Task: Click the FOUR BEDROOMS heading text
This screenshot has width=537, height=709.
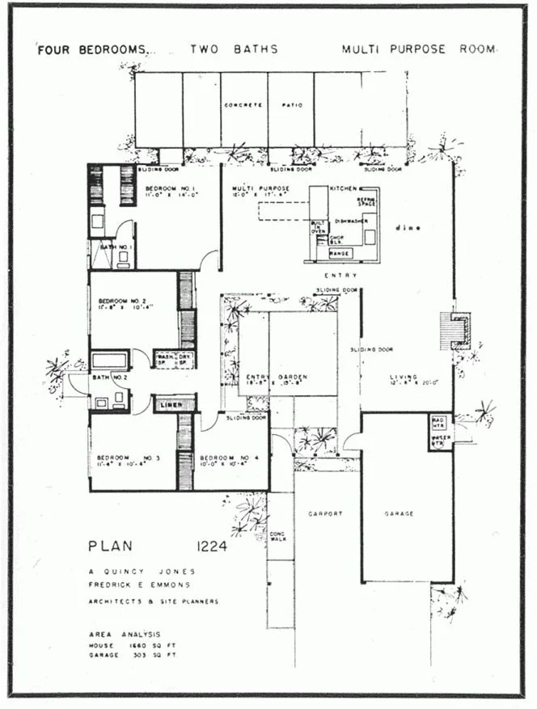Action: click(93, 49)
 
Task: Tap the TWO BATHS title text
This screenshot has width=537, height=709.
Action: click(235, 49)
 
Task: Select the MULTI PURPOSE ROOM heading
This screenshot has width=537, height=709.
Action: click(417, 49)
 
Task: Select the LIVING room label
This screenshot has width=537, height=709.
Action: click(402, 377)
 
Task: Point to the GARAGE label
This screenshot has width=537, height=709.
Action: click(400, 513)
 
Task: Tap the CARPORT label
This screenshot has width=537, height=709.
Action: click(327, 513)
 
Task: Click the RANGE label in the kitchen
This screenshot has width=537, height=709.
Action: click(340, 254)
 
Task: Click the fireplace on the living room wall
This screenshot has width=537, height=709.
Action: click(455, 331)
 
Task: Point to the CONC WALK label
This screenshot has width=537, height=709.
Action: click(277, 537)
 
